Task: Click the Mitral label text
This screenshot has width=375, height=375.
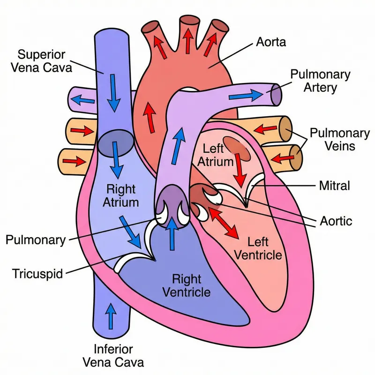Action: (334, 186)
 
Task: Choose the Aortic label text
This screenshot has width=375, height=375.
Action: (336, 220)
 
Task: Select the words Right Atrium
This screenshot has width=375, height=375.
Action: (121, 196)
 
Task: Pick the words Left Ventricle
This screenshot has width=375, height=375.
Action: (257, 248)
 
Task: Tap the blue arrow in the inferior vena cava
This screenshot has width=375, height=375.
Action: (111, 316)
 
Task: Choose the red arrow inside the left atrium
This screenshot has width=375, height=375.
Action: (240, 169)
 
